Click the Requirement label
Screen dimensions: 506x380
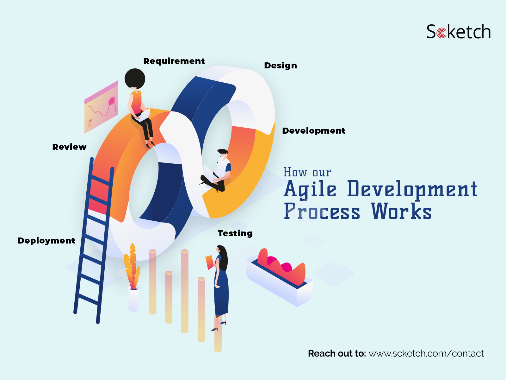174,61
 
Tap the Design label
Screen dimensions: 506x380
280,66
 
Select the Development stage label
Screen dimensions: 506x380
313,131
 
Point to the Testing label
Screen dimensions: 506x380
235,233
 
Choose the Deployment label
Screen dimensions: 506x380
46,241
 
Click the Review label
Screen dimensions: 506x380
69,147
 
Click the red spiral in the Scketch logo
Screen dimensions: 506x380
441,33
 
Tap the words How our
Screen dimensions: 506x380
307,172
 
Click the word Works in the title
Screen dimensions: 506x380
401,211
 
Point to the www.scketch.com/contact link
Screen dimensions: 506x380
426,353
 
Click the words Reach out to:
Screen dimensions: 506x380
337,353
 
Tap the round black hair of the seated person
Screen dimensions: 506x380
135,79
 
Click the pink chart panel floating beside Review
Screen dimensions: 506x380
101,107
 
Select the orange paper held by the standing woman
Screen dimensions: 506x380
209,262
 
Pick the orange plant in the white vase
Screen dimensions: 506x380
132,267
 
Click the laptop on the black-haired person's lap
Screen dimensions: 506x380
143,115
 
